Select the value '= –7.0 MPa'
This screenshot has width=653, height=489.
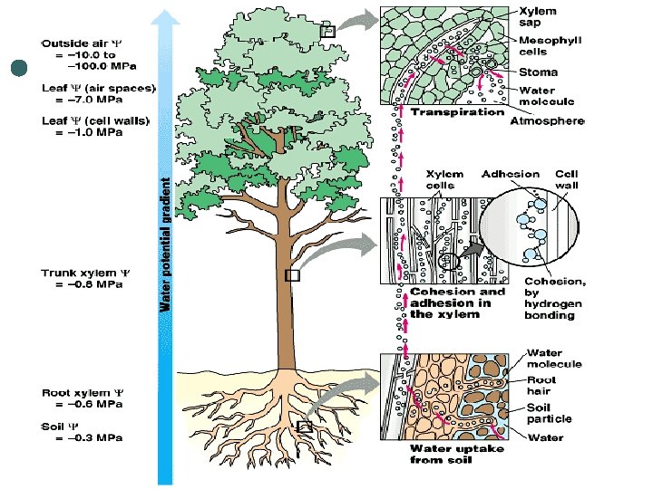pos(94,101)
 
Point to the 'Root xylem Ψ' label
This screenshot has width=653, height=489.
pos(81,393)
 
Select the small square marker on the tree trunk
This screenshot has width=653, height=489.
pos(291,276)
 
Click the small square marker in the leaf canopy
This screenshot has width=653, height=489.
pos(328,31)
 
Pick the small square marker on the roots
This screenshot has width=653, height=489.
pos(305,426)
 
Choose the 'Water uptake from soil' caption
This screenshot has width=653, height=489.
pos(453,454)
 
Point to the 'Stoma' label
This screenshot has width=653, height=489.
pos(538,72)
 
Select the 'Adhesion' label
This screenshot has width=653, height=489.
pos(510,174)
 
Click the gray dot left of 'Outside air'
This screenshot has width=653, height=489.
pos(20,68)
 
